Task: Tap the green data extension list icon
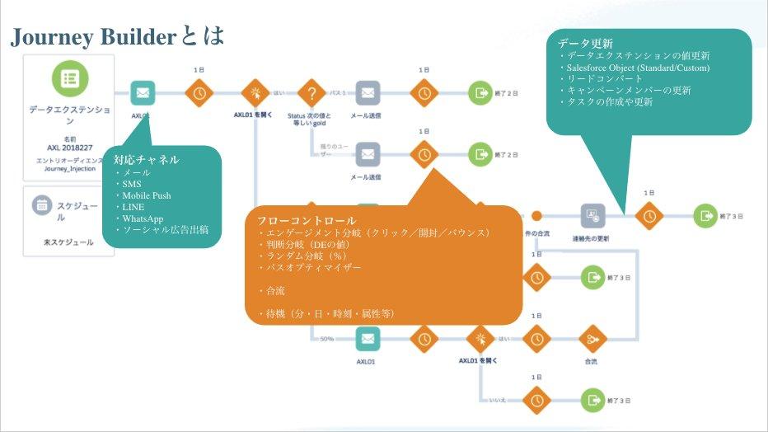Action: pyautogui.click(x=69, y=77)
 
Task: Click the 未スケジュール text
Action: pyautogui.click(x=68, y=242)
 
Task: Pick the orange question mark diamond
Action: pyautogui.click(x=311, y=92)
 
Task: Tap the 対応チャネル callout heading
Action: pyautogui.click(x=147, y=159)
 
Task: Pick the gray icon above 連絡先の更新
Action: pyautogui.click(x=592, y=215)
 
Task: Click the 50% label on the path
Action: pyautogui.click(x=326, y=339)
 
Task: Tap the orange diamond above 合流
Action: pyautogui.click(x=592, y=338)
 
